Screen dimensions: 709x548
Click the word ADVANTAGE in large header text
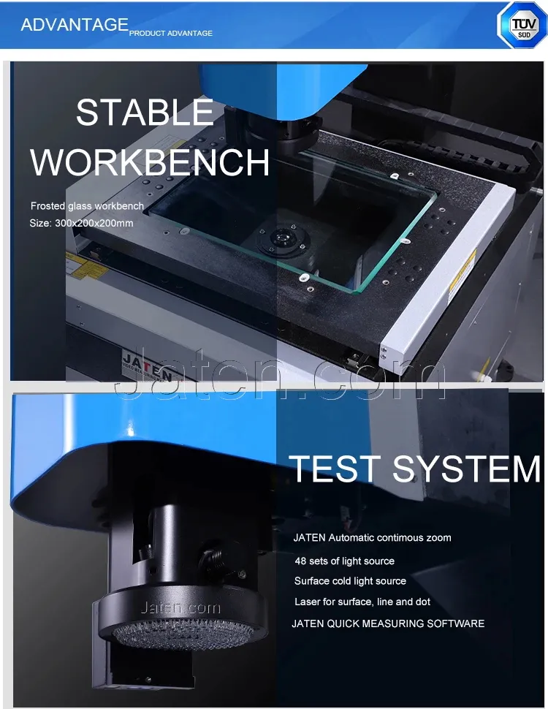point(75,25)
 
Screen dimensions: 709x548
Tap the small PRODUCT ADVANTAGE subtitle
point(171,34)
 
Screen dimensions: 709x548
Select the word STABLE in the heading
point(145,113)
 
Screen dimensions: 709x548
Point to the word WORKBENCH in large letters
point(150,162)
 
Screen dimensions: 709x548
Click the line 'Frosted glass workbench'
point(87,207)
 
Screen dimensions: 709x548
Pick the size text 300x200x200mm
point(81,223)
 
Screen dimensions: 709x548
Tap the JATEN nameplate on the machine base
point(147,366)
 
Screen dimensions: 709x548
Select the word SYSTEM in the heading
point(466,469)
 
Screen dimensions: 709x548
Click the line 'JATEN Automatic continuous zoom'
point(372,538)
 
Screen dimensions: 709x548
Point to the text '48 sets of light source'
point(344,561)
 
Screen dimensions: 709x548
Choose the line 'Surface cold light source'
point(350,581)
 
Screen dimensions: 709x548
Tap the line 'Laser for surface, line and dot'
point(362,602)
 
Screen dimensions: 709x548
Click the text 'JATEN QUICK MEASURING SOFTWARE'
point(388,624)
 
